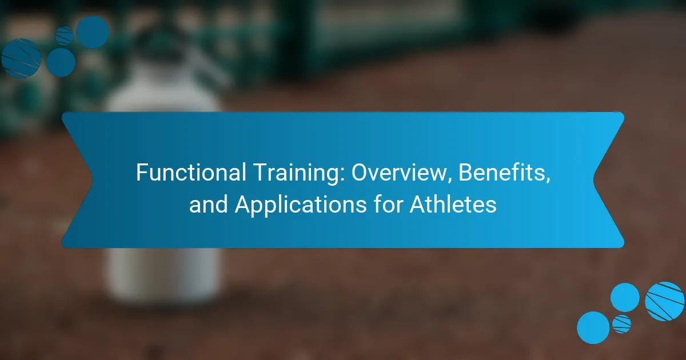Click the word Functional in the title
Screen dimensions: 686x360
(x=191, y=173)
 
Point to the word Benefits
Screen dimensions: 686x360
(x=504, y=173)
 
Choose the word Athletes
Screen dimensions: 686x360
(x=453, y=204)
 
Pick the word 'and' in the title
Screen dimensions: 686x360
(x=208, y=205)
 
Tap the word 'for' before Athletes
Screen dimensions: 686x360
(x=388, y=204)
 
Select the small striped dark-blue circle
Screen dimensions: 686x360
(x=64, y=36)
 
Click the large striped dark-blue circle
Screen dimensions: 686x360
(x=21, y=58)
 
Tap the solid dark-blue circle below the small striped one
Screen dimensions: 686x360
(x=61, y=62)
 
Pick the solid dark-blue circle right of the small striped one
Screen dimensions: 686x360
(x=93, y=32)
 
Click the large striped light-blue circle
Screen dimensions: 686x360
(x=664, y=302)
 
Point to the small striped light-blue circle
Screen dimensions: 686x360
(x=622, y=324)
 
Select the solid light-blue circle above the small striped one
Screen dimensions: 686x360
(x=625, y=298)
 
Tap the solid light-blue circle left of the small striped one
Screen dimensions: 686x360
(x=593, y=327)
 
